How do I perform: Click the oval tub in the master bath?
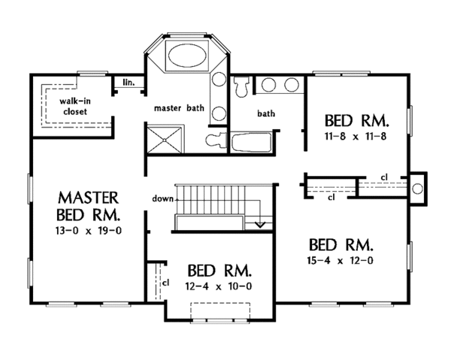tap(187, 56)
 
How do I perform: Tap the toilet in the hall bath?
tap(241, 86)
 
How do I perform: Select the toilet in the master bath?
tap(216, 141)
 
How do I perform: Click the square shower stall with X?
tap(164, 140)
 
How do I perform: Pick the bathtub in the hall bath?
tap(251, 142)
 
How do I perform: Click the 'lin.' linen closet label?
tap(129, 83)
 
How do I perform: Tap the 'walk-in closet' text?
tap(75, 106)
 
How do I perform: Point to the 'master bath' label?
tap(179, 108)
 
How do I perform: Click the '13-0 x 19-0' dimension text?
tap(89, 231)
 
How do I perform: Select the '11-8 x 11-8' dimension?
tap(356, 136)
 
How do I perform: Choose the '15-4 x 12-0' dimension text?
tap(341, 261)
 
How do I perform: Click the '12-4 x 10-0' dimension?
tap(219, 286)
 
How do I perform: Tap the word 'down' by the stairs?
tap(163, 198)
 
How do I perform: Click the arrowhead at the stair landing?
tap(260, 224)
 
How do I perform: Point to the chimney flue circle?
tap(417, 189)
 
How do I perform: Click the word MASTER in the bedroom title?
tap(88, 198)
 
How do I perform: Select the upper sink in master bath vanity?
tap(219, 79)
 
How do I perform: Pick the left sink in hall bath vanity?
tap(268, 85)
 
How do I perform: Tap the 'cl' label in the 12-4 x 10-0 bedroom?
tap(165, 283)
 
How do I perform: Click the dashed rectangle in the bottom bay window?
tap(220, 311)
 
